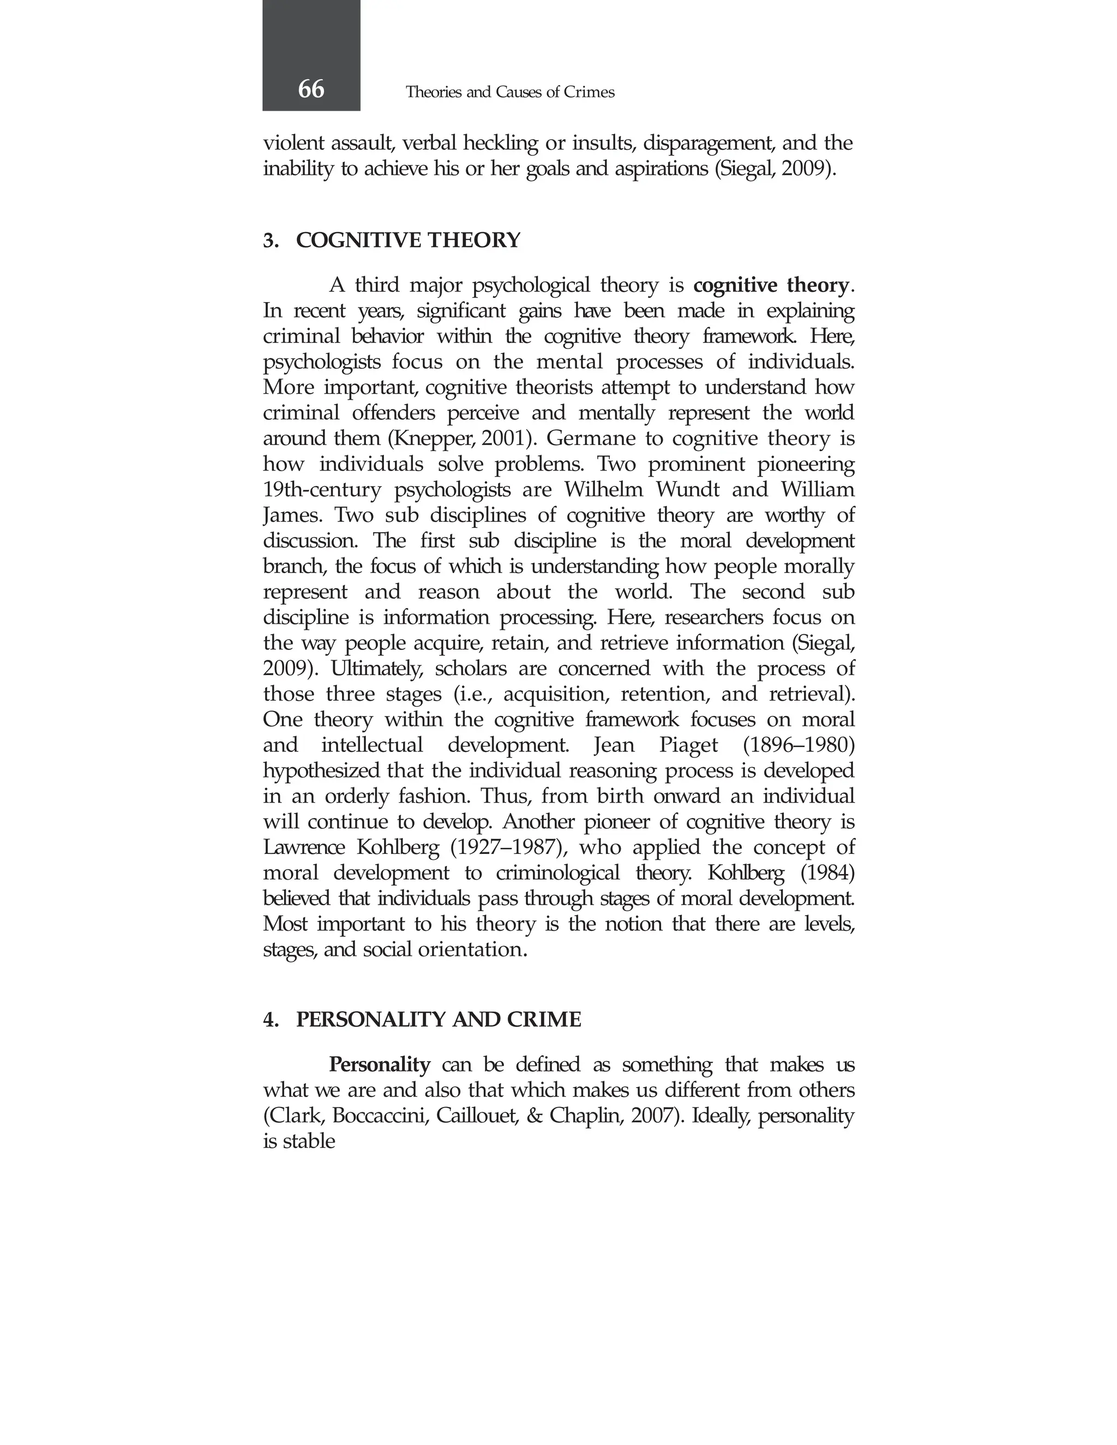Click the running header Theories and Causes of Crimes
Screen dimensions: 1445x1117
509,92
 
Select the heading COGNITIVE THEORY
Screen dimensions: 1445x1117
407,240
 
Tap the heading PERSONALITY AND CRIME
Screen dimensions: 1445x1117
438,1020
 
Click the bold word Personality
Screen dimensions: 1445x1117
379,1064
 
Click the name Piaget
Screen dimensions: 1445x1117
688,745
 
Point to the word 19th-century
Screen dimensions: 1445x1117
322,490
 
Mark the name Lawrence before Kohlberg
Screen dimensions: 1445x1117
304,847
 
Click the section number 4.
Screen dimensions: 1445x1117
270,1020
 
